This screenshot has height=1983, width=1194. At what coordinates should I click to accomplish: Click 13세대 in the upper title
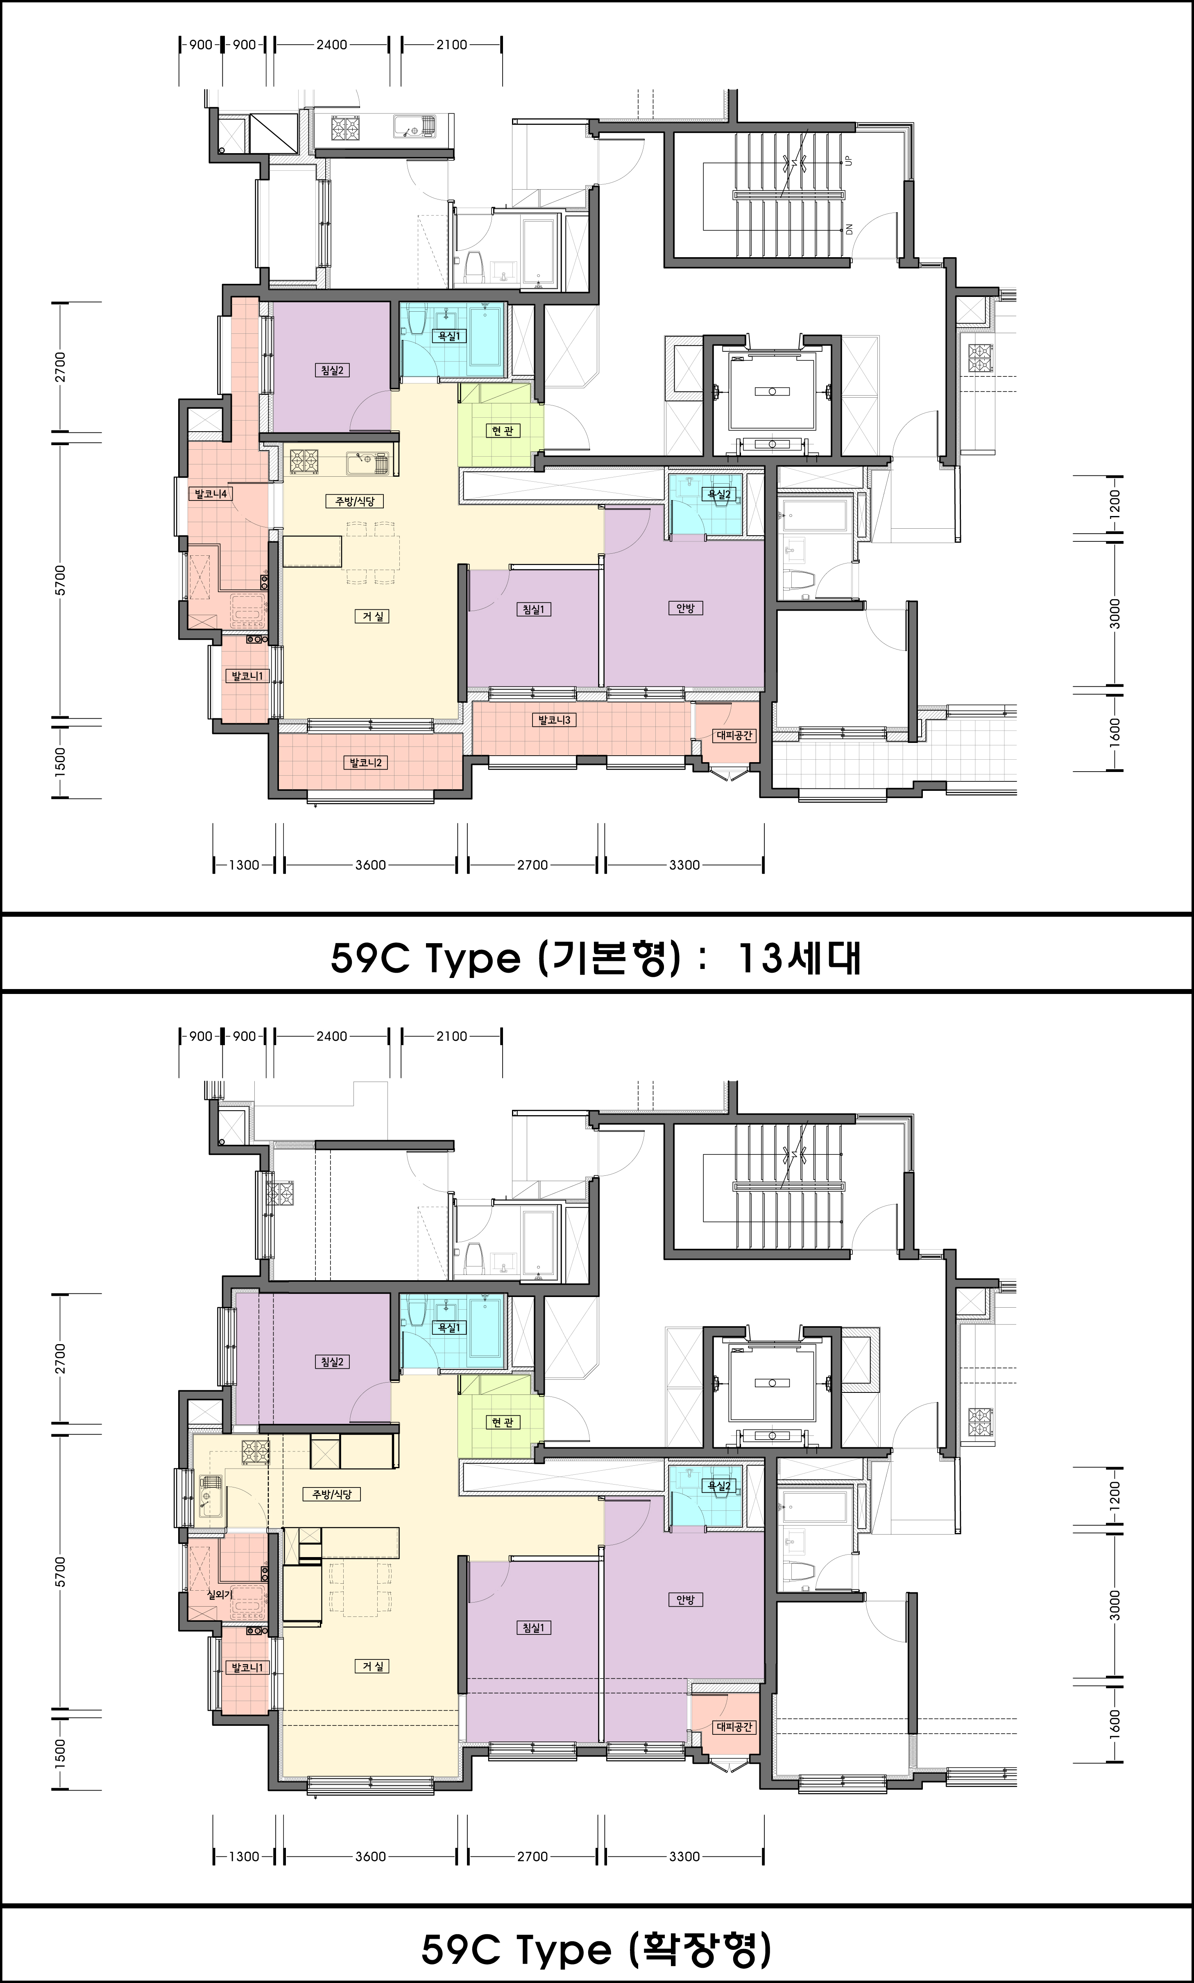[799, 958]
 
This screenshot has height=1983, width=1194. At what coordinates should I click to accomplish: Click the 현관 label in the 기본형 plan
[503, 431]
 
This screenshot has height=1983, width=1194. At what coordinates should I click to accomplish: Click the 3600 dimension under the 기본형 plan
[370, 865]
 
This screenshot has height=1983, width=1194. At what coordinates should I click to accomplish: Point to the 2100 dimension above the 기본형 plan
[451, 45]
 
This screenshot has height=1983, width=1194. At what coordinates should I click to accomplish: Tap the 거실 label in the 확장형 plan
[372, 1666]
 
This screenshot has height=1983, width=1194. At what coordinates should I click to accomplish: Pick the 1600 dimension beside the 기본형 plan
[1115, 731]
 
